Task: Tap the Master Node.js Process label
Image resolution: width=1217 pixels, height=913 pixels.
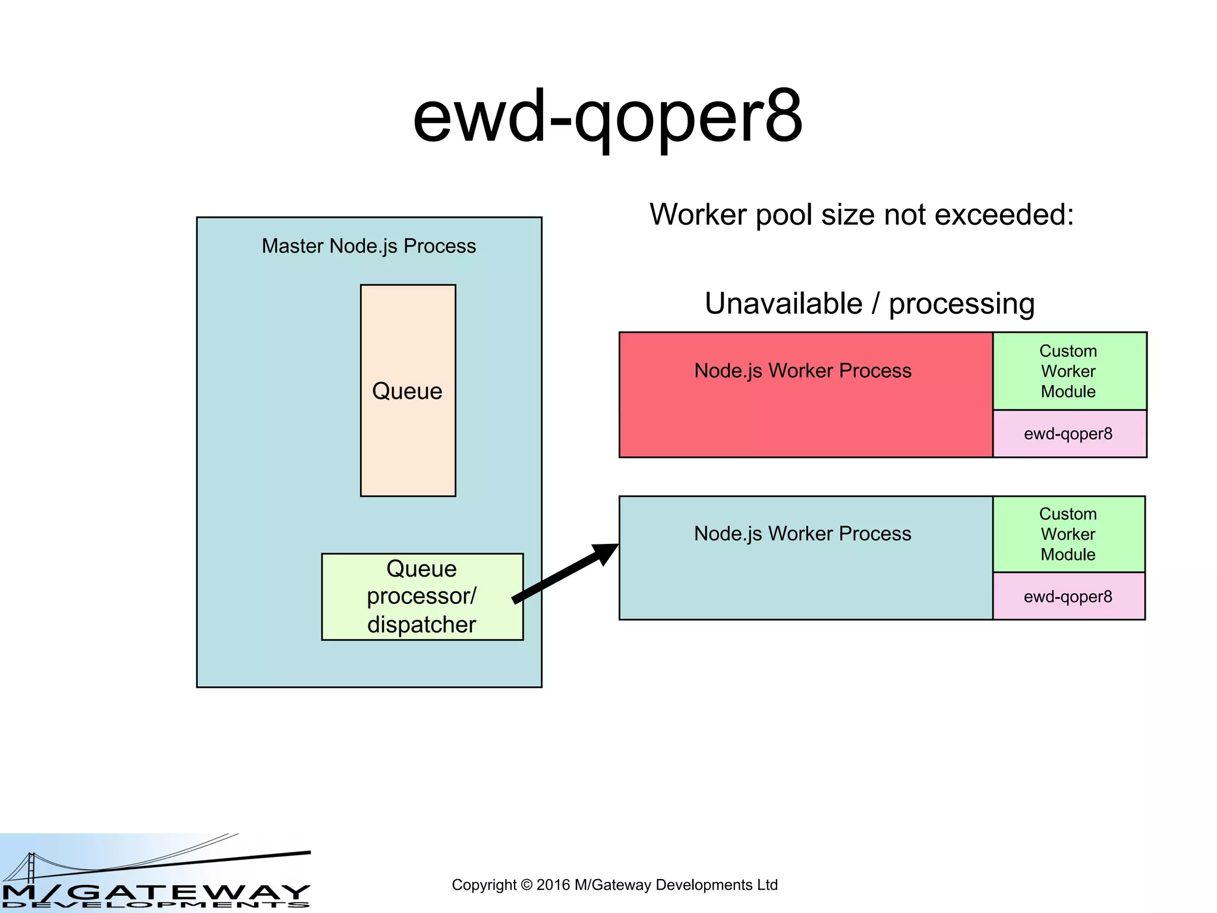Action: [368, 246]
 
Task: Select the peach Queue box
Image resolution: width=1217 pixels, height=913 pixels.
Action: [408, 428]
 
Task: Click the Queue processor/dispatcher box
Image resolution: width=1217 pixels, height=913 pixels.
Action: [422, 596]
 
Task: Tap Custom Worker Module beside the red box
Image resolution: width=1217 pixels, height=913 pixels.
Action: [1068, 371]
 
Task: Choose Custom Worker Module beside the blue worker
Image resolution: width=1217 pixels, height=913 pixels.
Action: [1068, 534]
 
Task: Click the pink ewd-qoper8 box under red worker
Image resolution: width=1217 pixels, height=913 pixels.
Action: [1068, 434]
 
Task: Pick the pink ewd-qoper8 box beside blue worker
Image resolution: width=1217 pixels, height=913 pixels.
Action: [1068, 596]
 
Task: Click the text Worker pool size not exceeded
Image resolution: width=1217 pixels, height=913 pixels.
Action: [862, 215]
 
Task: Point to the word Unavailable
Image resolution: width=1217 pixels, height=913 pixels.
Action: [783, 304]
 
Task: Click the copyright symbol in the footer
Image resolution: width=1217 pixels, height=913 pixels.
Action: [526, 885]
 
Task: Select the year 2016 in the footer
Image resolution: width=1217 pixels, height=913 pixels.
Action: [553, 885]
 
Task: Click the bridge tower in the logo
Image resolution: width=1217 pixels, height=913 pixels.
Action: [31, 867]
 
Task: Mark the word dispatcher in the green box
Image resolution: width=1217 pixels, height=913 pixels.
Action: [422, 625]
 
